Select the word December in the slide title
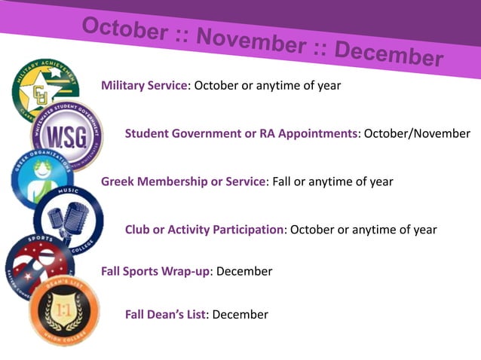(x=388, y=53)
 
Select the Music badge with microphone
(x=69, y=219)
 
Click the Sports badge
(x=38, y=264)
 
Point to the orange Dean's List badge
(x=64, y=310)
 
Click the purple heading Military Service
(x=144, y=86)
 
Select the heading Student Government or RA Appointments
(x=241, y=134)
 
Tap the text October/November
(x=417, y=134)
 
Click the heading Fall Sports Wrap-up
(x=155, y=271)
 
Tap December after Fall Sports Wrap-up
(x=244, y=271)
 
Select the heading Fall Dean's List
(x=165, y=315)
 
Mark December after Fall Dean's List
(x=240, y=315)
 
